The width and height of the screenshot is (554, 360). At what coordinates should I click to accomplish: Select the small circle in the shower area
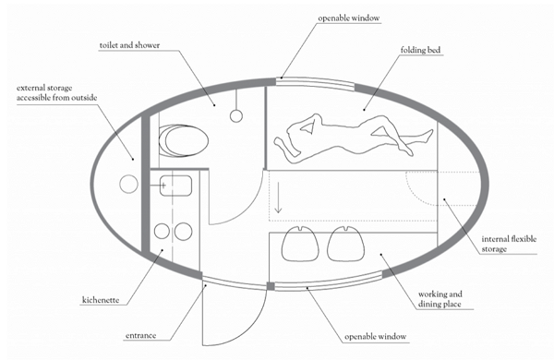(236, 115)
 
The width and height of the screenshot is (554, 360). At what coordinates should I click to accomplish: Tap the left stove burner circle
(162, 231)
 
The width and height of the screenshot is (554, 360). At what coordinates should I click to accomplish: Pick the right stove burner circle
(184, 231)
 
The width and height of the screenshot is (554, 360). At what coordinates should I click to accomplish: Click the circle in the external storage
(127, 184)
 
